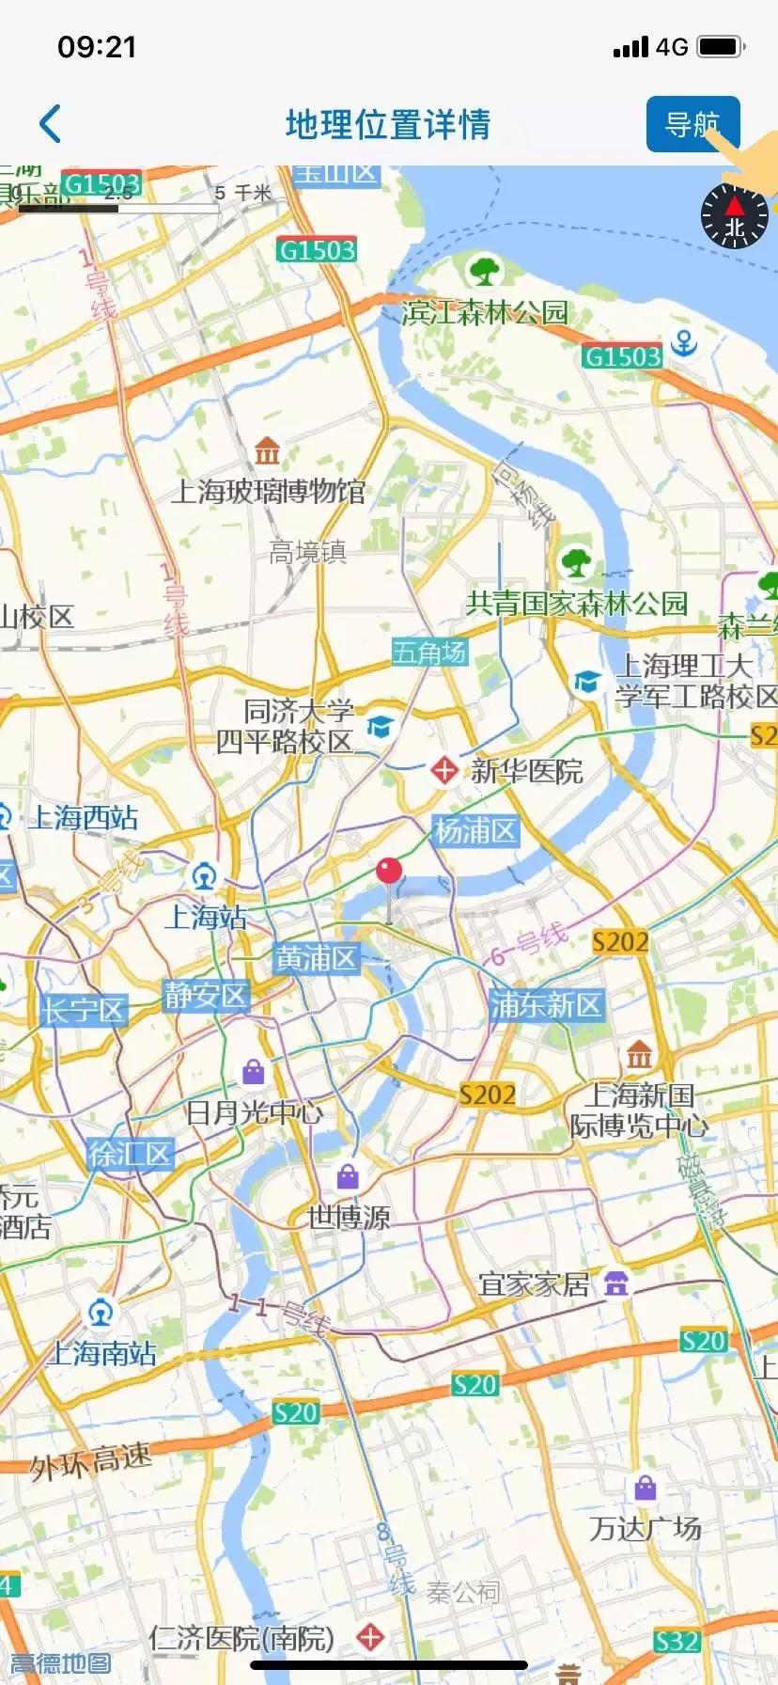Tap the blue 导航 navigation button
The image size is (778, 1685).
pos(692,123)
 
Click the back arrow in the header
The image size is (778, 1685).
pos(51,124)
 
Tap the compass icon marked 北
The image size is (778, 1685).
pos(735,215)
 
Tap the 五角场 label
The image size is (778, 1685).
pos(429,652)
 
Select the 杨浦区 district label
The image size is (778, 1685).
pos(475,830)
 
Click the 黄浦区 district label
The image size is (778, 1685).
pos(316,958)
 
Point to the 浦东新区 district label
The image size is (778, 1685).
pos(545,1004)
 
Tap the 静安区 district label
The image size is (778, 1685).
pos(205,995)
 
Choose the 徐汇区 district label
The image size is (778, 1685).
pos(130,1154)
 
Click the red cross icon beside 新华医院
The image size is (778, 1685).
pos(443,770)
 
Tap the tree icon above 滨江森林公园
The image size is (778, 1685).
pos(485,271)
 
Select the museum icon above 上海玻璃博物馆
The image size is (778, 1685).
pos(267,451)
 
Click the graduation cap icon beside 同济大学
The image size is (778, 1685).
pos(380,726)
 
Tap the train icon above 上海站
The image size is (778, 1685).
pos(204,876)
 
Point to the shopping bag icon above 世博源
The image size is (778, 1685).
pos(348,1176)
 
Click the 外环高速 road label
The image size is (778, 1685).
pos(90,1461)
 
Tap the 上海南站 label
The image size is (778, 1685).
pos(101,1353)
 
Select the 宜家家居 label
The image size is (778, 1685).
pos(534,1283)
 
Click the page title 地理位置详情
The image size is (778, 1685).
pos(388,124)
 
